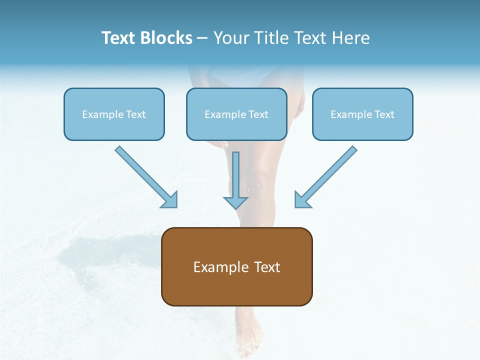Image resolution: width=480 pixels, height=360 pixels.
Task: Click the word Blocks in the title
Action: click(x=167, y=38)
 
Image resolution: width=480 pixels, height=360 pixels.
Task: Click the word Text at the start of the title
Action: click(x=120, y=38)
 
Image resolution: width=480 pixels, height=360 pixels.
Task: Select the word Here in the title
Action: click(x=351, y=38)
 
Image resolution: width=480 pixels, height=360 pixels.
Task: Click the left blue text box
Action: click(x=114, y=114)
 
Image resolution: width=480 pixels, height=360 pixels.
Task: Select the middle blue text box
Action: click(x=236, y=114)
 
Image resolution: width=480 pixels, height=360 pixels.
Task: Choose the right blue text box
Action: click(x=362, y=114)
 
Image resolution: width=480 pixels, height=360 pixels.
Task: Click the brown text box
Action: click(x=236, y=266)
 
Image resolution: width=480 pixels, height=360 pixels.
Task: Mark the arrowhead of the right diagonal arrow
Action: click(x=302, y=199)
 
